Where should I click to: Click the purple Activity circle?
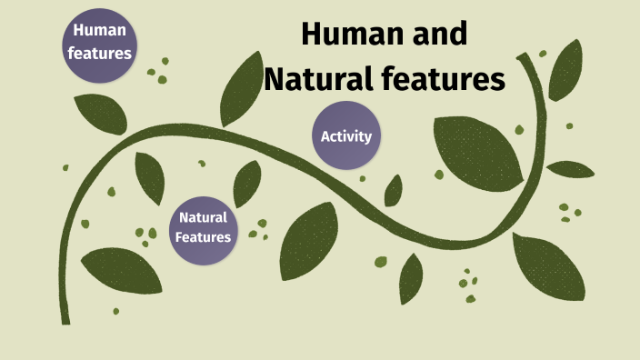click(346, 136)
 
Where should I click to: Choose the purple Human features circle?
click(99, 42)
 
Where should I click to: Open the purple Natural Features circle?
click(203, 227)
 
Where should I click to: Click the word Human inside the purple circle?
click(99, 31)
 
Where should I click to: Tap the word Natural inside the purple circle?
click(203, 217)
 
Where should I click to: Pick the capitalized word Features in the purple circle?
click(203, 237)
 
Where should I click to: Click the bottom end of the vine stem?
click(65, 320)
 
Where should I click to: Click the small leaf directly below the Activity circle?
click(394, 191)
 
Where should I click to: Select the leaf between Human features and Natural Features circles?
click(149, 176)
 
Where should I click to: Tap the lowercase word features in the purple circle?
click(100, 53)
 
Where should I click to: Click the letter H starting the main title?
click(313, 35)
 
